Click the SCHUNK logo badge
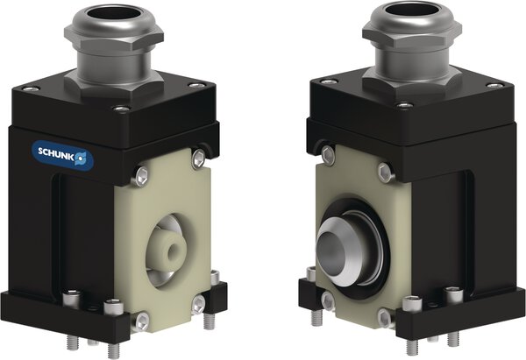point(61,154)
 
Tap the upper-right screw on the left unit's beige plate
point(198,158)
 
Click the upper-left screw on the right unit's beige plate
point(328,155)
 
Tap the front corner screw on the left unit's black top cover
point(121,110)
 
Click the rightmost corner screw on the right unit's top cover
point(496,86)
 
